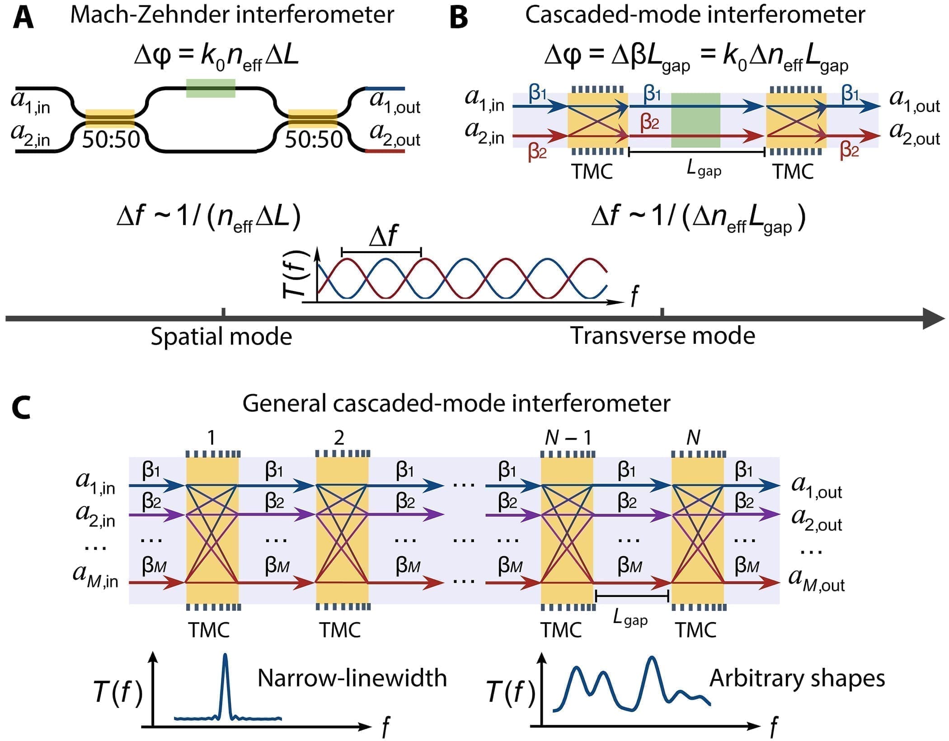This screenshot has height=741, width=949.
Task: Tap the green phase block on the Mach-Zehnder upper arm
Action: click(211, 88)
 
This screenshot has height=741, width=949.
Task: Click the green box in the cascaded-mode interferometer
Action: click(695, 120)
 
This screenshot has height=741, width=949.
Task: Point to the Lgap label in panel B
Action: click(704, 169)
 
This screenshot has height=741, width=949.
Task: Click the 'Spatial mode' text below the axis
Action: click(221, 337)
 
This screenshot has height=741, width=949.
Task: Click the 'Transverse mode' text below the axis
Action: click(662, 336)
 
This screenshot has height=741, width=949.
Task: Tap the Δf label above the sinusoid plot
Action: click(383, 236)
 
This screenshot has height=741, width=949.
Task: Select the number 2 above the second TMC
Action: click(339, 437)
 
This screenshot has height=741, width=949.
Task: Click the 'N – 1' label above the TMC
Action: click(568, 437)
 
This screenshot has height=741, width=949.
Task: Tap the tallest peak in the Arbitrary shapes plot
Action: click(651, 661)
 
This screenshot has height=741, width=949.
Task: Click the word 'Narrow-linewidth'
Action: click(352, 678)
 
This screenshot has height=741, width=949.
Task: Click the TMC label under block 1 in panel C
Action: click(209, 629)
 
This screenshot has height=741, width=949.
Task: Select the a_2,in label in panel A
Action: click(31, 135)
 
